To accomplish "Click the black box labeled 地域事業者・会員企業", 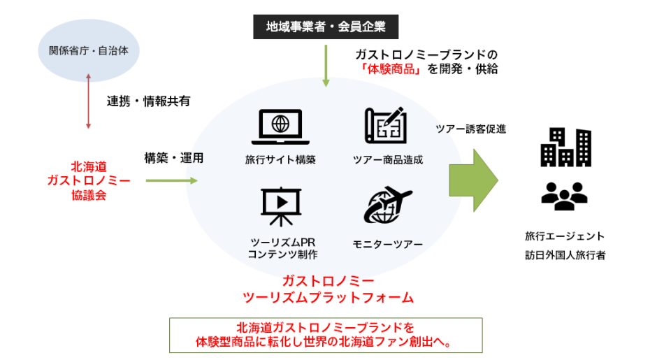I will (325, 27).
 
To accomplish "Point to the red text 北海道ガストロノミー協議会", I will (88, 181).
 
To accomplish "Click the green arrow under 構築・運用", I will (172, 181).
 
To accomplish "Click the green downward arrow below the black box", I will (325, 66).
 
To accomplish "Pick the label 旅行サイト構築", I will (280, 159).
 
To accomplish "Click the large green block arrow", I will (473, 180).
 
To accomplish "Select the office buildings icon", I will (566, 147).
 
